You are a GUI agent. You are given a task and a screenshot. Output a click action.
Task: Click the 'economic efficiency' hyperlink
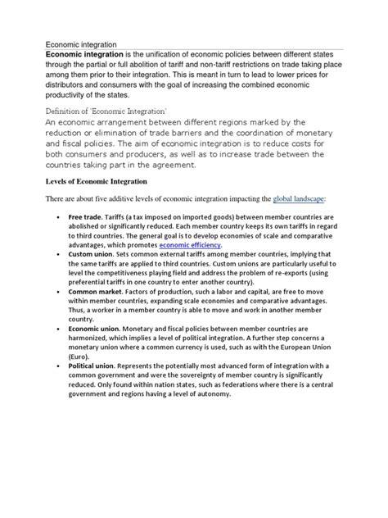[190, 244]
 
